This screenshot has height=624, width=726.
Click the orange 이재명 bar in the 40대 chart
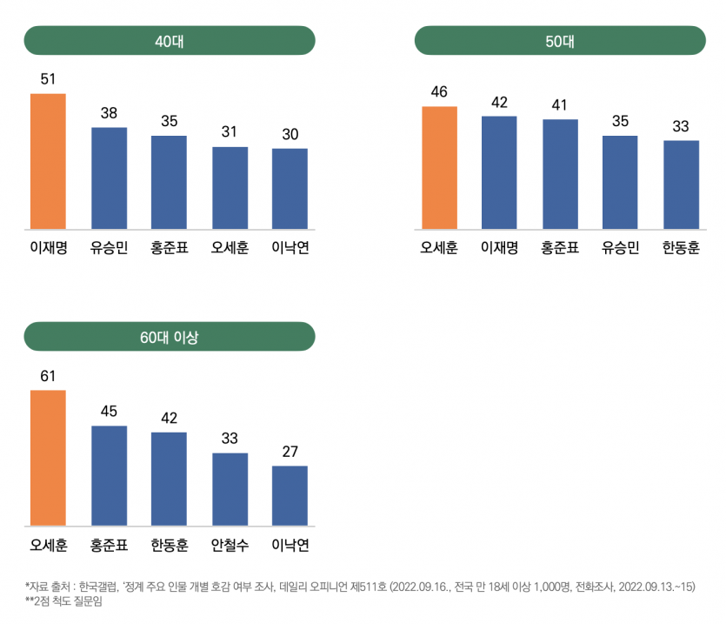pyautogui.click(x=48, y=162)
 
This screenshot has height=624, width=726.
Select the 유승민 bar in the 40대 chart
pyautogui.click(x=109, y=178)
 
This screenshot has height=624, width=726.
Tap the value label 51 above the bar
pyautogui.click(x=48, y=79)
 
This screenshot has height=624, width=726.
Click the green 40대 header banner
pyautogui.click(x=169, y=40)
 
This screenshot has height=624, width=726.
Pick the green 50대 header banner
pyautogui.click(x=560, y=40)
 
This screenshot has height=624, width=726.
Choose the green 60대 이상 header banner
pyautogui.click(x=169, y=336)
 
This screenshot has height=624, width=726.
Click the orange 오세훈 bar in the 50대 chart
pyautogui.click(x=439, y=168)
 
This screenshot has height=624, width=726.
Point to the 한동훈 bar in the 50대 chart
pyautogui.click(x=681, y=185)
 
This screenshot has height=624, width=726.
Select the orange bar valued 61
pyautogui.click(x=48, y=458)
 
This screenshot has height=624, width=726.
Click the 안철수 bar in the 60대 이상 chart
pyautogui.click(x=230, y=489)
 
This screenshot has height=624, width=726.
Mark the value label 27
pyautogui.click(x=290, y=452)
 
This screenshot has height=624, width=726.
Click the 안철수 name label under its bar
pyautogui.click(x=230, y=546)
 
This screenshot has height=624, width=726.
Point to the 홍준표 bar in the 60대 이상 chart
pyautogui.click(x=109, y=476)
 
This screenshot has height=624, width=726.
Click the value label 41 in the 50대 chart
pyautogui.click(x=560, y=105)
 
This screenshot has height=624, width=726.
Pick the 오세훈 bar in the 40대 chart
pyautogui.click(x=230, y=188)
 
